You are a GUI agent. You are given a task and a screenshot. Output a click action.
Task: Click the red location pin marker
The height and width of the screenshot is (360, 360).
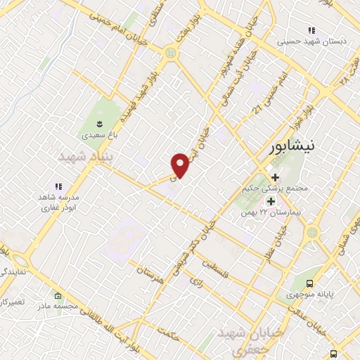pos(180,164)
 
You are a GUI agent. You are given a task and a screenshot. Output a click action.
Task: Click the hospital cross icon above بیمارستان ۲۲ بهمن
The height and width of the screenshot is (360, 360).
pos(271,201)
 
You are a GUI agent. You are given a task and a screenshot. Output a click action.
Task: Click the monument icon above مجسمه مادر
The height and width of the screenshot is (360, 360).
pos(58,296)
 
